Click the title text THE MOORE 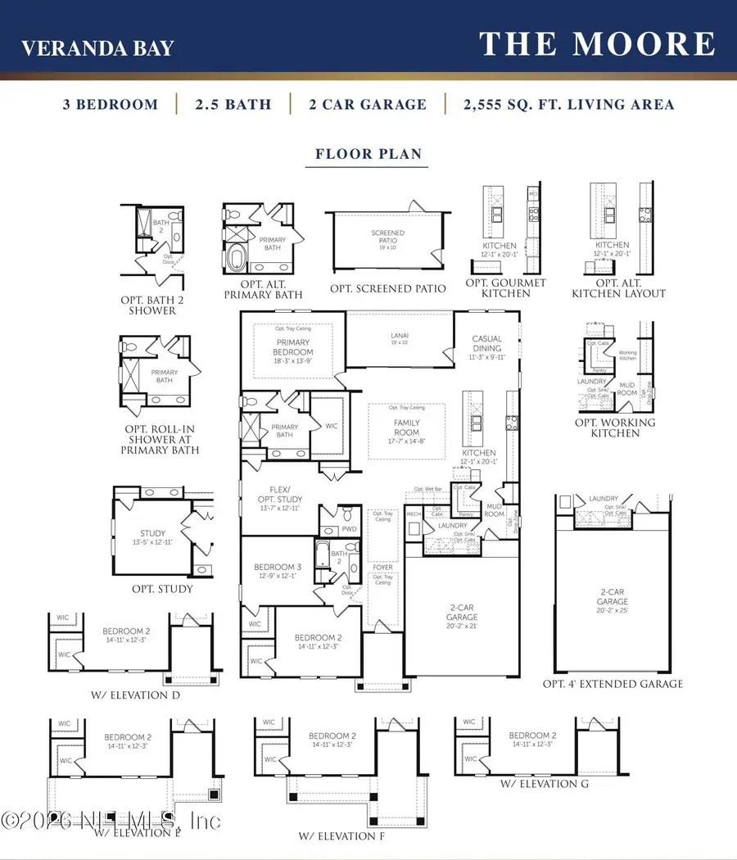pyautogui.click(x=597, y=44)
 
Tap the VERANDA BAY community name pyautogui.click(x=97, y=48)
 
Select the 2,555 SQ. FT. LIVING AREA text pyautogui.click(x=567, y=105)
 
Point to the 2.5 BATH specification pyautogui.click(x=233, y=105)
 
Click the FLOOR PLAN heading pyautogui.click(x=368, y=154)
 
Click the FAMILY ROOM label pyautogui.click(x=406, y=428)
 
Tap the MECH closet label pyautogui.click(x=414, y=514)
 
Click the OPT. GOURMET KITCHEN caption pyautogui.click(x=500, y=287)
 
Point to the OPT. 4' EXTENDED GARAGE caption pyautogui.click(x=612, y=684)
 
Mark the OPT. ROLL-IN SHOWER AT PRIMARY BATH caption pyautogui.click(x=160, y=440)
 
